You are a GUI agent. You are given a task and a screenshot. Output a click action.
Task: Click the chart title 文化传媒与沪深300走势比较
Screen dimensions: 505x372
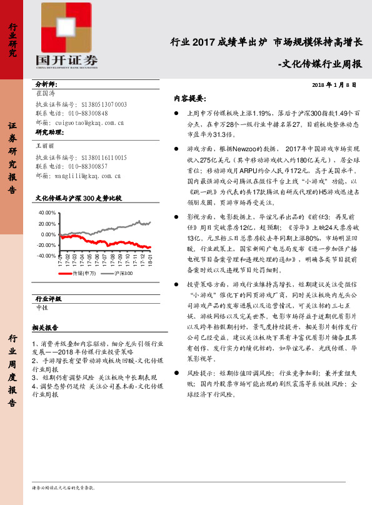pos(79,197)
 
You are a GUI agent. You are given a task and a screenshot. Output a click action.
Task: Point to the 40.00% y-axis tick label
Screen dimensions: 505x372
pos(47,213)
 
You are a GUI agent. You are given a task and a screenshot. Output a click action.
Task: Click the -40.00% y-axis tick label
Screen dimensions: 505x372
pos(46,256)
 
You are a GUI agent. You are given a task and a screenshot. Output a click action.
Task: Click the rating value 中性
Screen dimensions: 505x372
pos(42,307)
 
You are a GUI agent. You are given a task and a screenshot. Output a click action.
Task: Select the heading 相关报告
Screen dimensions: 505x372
pos(45,327)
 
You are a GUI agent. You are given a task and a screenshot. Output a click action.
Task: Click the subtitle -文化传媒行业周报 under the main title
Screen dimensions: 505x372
pos(319,63)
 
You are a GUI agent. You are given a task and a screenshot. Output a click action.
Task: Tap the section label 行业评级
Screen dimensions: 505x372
pos(48,299)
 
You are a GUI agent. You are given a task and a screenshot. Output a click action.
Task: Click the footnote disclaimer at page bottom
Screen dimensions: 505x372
pos(63,486)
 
